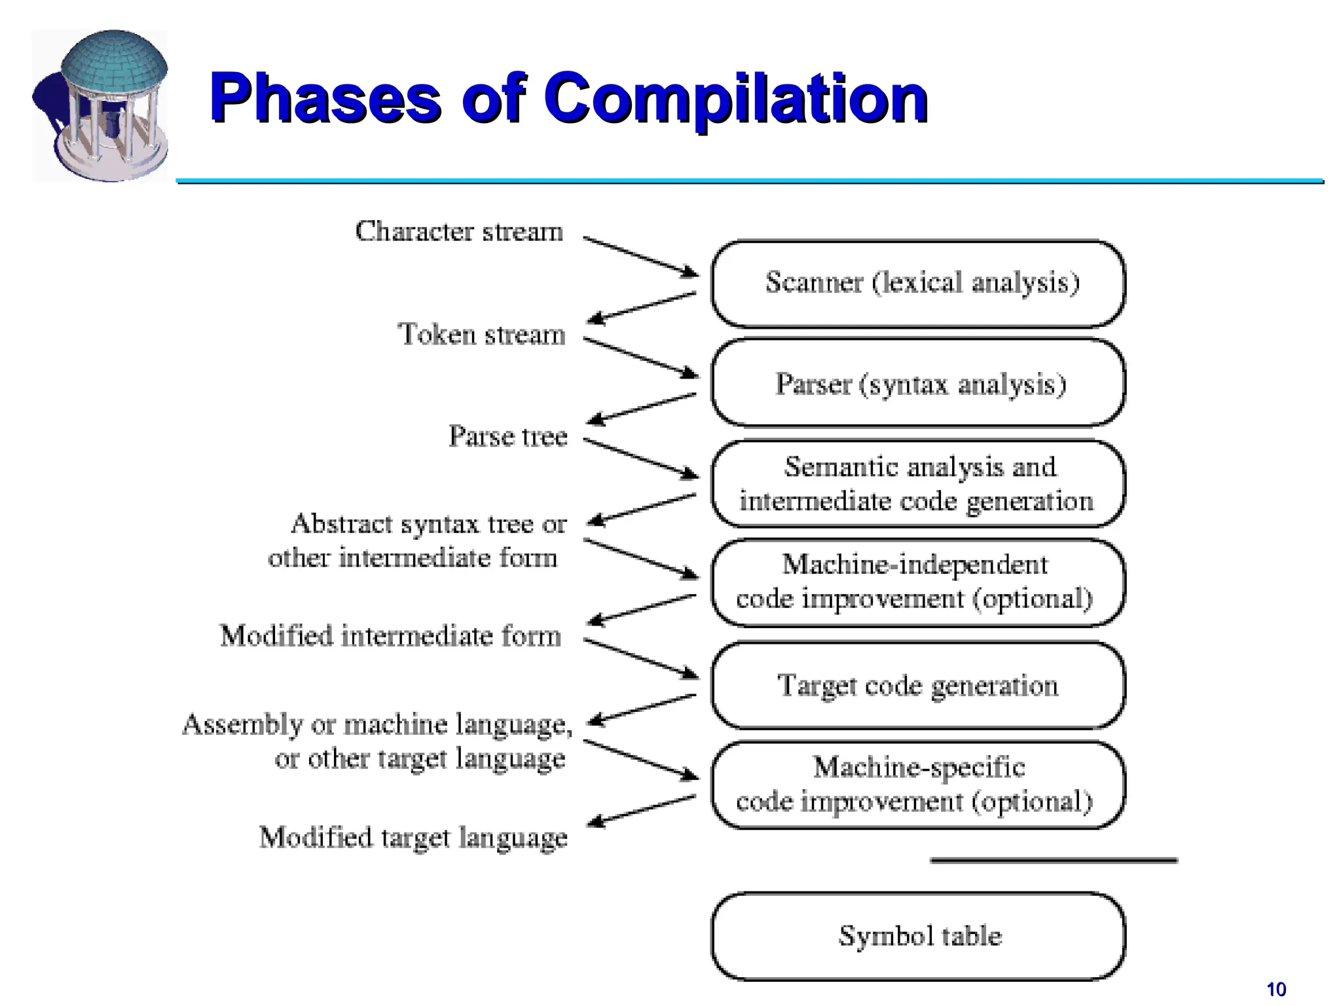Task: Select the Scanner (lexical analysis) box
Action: coord(918,283)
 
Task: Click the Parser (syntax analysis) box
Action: coord(918,384)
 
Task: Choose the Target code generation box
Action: coord(918,686)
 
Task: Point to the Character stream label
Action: coord(458,231)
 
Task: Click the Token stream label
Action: coord(481,335)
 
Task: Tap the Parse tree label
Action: coord(507,436)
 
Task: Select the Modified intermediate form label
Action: coord(390,636)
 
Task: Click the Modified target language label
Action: coord(413,838)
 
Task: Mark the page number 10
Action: coord(1276,989)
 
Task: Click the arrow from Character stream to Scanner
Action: coord(640,256)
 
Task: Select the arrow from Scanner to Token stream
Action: coord(642,308)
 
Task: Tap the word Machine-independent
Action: coord(914,565)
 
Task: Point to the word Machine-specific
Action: coord(918,767)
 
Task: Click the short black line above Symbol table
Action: coord(1053,860)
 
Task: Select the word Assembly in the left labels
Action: coord(242,724)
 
